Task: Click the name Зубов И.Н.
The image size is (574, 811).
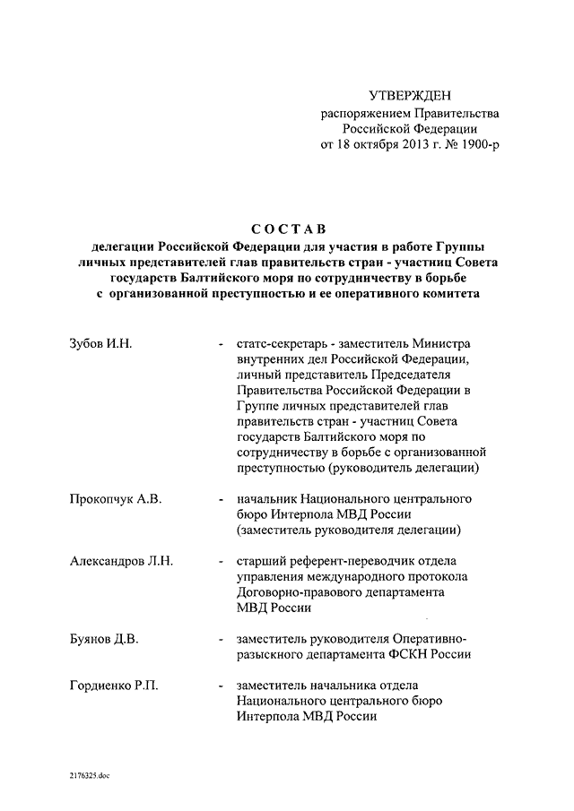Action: click(x=101, y=344)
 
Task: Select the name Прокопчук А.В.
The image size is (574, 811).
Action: click(x=116, y=498)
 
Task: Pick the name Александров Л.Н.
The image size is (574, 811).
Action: click(x=121, y=561)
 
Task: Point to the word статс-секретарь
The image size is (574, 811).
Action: click(x=281, y=344)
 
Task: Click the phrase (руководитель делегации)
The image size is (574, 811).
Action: click(x=407, y=468)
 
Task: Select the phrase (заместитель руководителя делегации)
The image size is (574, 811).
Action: click(x=350, y=530)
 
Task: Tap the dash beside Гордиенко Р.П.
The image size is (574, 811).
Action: click(x=221, y=686)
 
